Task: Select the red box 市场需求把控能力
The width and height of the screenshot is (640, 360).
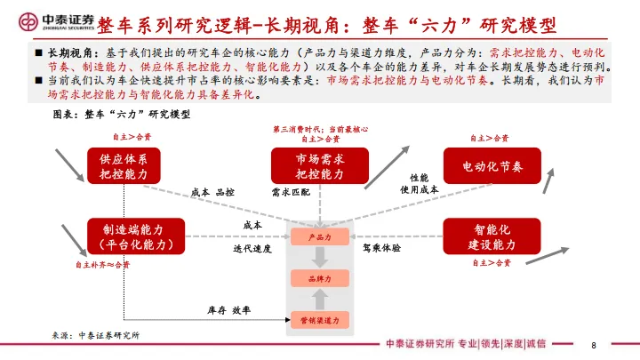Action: point(319,165)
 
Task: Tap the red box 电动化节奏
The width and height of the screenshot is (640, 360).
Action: point(492,166)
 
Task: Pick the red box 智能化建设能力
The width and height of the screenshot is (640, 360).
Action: point(492,236)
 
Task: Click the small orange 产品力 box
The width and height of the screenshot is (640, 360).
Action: point(320,238)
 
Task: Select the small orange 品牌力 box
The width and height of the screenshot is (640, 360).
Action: point(320,279)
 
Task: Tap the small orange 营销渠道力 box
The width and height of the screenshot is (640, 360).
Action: point(320,318)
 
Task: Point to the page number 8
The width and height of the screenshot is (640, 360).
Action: point(593,345)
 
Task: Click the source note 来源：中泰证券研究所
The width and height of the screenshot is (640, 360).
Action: point(95,336)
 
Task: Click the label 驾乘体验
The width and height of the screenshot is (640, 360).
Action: point(381,248)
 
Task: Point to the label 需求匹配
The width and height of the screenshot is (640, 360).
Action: point(293,191)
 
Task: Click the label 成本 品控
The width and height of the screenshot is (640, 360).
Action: point(213,191)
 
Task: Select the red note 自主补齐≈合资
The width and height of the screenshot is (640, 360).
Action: point(101,264)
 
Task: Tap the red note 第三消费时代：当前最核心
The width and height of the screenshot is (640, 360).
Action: point(320,129)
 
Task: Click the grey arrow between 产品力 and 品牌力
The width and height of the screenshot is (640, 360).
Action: point(320,259)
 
